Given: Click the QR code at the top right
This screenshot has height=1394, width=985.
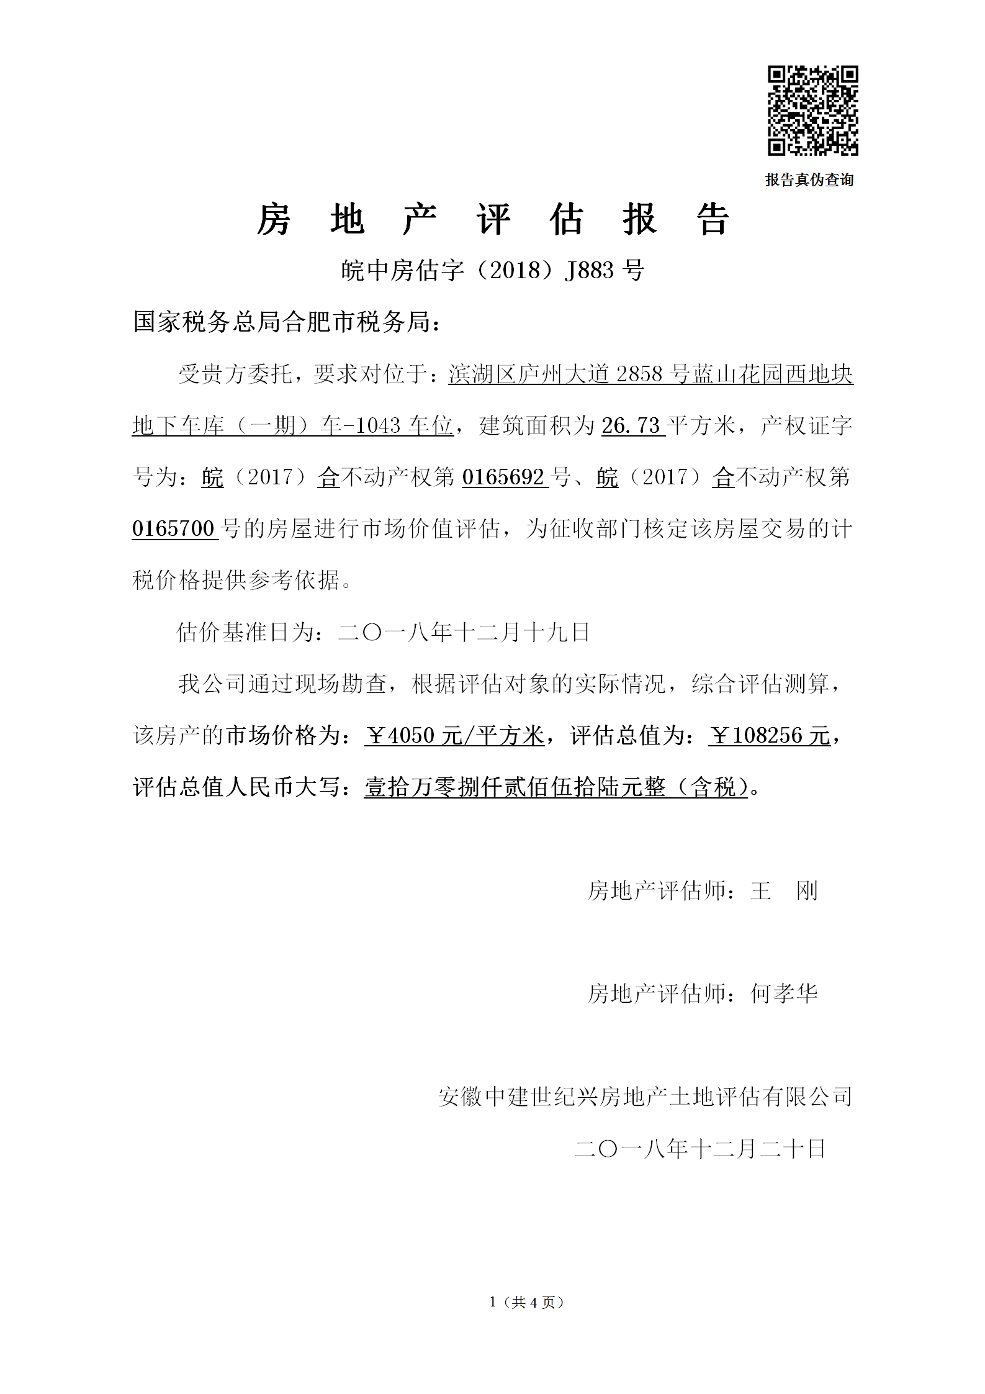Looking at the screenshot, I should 812,110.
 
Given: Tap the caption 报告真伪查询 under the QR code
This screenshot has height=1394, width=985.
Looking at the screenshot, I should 809,180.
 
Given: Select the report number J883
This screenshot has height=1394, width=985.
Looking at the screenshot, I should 589,270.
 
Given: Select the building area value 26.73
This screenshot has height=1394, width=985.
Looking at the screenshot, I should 631,426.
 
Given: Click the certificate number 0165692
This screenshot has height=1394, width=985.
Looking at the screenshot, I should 503,477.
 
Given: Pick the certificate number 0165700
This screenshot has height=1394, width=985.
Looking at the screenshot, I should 173,528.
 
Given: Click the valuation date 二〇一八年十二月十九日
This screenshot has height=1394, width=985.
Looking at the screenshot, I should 464,632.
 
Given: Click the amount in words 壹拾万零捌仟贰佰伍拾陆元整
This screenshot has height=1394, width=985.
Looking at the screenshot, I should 515,787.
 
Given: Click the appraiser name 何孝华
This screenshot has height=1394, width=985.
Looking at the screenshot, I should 784,993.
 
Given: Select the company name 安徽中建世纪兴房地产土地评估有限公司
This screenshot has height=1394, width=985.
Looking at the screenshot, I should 645,1097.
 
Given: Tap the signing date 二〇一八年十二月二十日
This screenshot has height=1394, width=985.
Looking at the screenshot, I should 700,1149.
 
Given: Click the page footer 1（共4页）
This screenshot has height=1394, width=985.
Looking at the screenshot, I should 526,1302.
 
